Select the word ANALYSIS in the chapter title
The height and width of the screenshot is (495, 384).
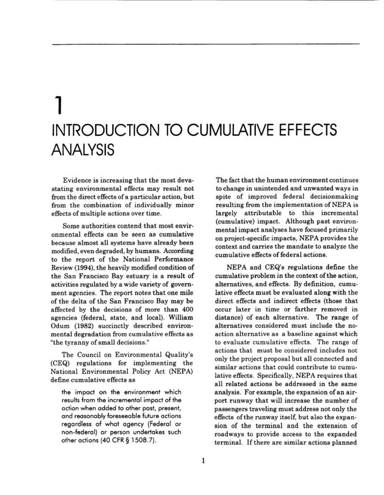click(83, 149)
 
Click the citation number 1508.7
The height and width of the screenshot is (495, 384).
click(140, 442)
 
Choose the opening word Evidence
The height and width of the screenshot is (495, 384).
click(79, 179)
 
